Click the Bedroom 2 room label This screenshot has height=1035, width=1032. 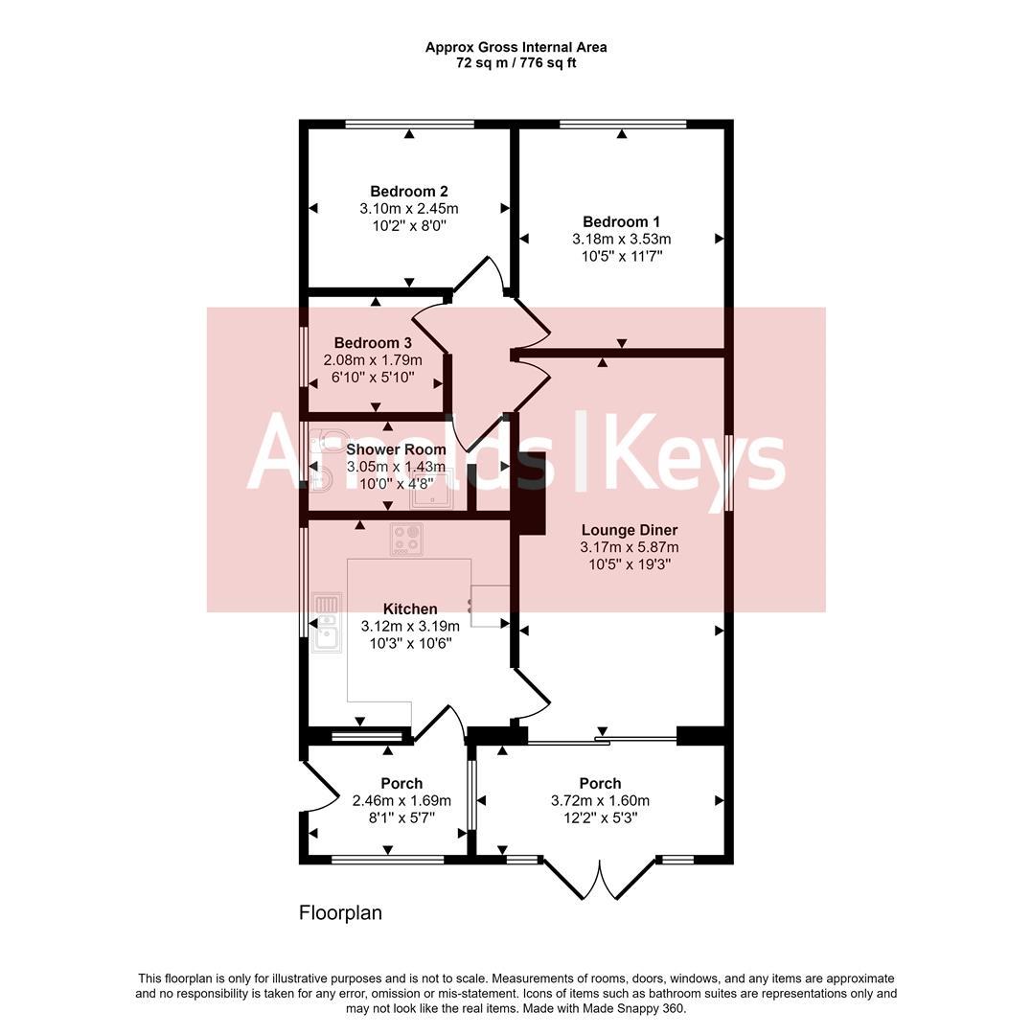(409, 191)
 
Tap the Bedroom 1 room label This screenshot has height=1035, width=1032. (622, 222)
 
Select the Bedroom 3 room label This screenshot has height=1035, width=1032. (373, 343)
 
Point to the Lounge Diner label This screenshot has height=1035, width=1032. (630, 530)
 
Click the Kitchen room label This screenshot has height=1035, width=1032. (410, 609)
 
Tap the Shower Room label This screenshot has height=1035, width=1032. (396, 449)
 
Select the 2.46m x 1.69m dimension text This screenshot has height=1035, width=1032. (401, 801)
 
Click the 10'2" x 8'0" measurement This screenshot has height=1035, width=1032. (409, 226)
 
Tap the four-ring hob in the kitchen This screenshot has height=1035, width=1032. (406, 539)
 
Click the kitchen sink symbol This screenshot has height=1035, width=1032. (327, 622)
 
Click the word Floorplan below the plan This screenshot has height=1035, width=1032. (340, 913)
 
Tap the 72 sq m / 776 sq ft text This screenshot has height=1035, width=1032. (516, 63)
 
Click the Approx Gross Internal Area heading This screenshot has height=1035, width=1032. (516, 47)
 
